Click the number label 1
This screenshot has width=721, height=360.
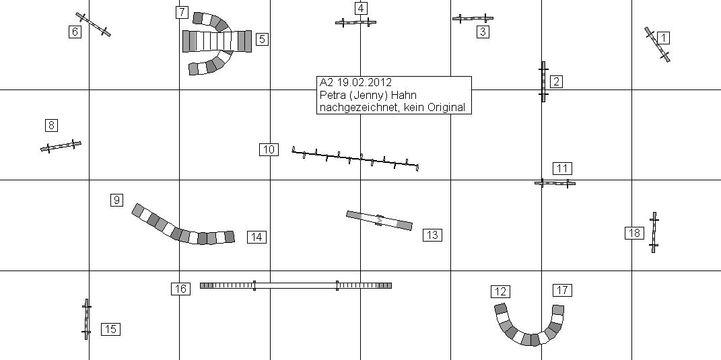tap(663, 38)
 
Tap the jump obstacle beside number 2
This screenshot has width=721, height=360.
tap(543, 81)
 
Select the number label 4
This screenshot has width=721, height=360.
tap(362, 8)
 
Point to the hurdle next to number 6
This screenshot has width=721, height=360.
tap(93, 24)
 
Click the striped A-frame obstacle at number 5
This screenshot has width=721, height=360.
tap(217, 41)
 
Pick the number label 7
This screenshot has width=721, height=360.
tap(182, 12)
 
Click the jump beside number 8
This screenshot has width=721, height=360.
tap(61, 145)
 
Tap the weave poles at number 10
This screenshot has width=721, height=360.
tap(355, 158)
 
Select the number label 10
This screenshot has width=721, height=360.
tap(269, 149)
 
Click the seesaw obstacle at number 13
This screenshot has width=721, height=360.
tap(379, 220)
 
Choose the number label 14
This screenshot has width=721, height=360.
tap(256, 237)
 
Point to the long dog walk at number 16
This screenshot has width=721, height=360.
tap(296, 285)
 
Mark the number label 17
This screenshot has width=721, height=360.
tap(563, 290)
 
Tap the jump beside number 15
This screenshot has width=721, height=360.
tap(86, 320)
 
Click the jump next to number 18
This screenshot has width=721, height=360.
tap(654, 232)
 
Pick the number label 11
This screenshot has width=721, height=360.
tap(562, 168)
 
